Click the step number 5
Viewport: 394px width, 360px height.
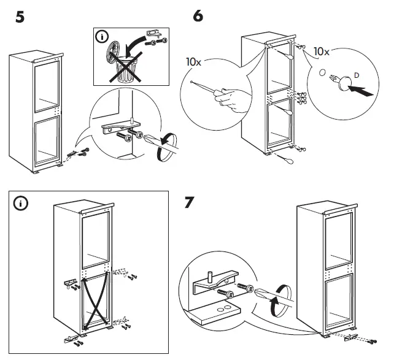21,18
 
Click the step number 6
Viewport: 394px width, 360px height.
198,17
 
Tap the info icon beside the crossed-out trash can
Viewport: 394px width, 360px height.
101,37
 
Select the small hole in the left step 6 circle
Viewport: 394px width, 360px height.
192,82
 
